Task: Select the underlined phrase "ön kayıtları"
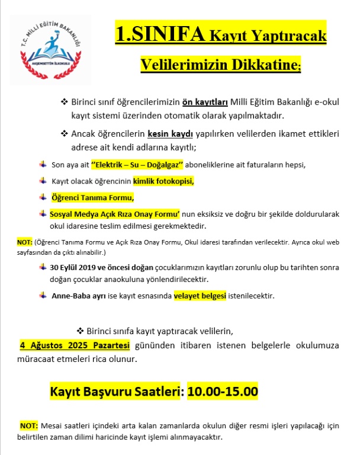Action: point(204,102)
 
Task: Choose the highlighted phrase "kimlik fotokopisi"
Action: point(163,180)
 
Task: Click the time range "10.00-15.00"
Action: point(223,392)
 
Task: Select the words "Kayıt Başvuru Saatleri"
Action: point(117,392)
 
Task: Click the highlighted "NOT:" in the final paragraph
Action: point(29,425)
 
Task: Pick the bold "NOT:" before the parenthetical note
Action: point(24,242)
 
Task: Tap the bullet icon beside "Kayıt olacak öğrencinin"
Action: point(43,180)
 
